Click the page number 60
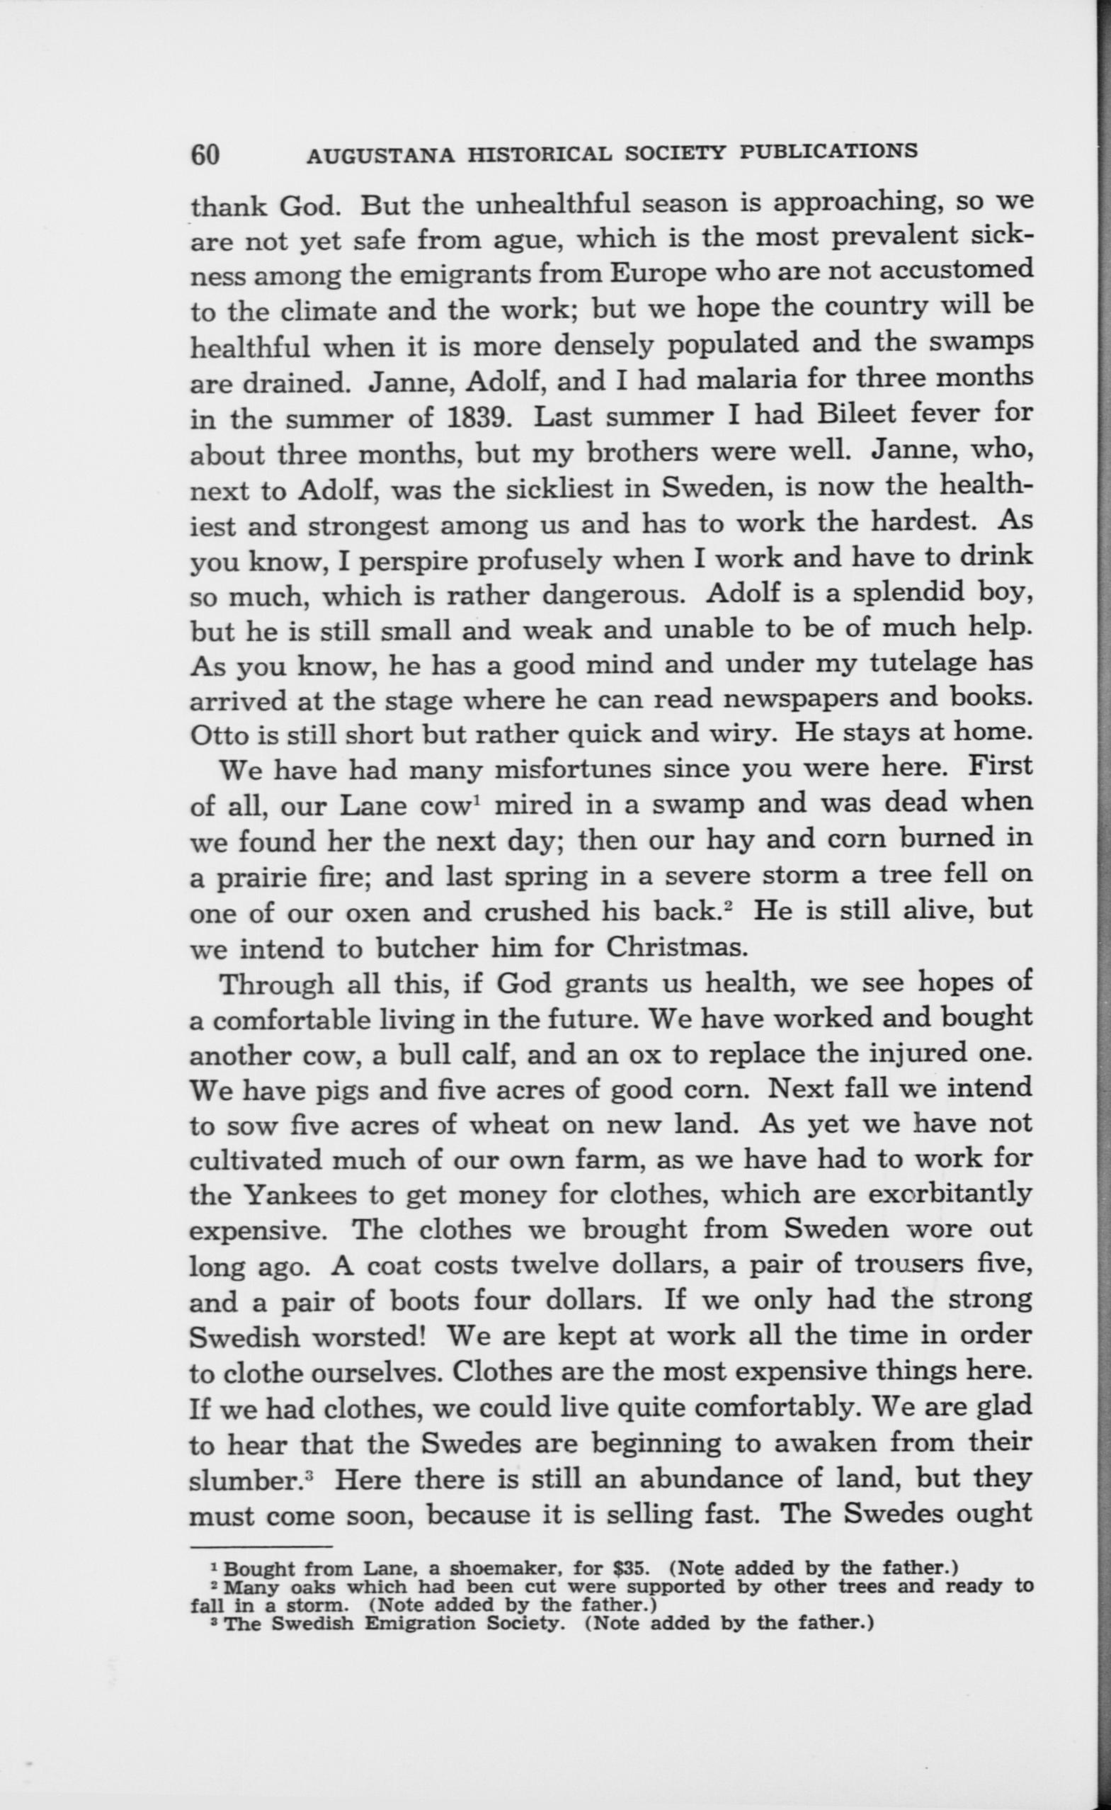(x=205, y=154)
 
